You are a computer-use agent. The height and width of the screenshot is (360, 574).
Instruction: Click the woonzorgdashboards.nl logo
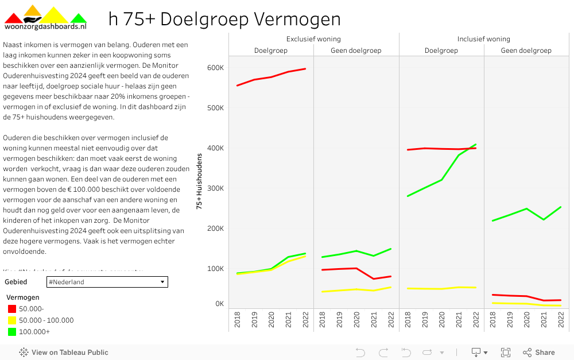point(46,18)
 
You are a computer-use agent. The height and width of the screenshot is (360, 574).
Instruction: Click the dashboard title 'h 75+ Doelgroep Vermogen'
point(224,19)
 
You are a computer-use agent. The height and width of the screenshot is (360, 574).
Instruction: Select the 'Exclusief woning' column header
point(313,39)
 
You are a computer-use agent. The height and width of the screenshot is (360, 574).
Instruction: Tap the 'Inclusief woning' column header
point(483,39)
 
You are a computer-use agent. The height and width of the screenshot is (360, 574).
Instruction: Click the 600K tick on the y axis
point(215,68)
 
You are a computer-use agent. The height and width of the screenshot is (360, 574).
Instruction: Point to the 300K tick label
point(215,188)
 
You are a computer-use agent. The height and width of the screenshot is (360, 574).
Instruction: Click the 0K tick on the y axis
point(218,304)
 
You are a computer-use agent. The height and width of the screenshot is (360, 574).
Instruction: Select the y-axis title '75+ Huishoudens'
point(199,181)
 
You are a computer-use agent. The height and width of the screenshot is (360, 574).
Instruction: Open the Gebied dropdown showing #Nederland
point(107,282)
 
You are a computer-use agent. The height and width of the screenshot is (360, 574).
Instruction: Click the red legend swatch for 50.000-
point(12,309)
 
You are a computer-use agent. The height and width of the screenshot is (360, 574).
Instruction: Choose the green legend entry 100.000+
point(34,332)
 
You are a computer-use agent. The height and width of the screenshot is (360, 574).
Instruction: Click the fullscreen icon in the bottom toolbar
point(506,353)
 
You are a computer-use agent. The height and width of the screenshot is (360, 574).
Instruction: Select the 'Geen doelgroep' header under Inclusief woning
point(526,51)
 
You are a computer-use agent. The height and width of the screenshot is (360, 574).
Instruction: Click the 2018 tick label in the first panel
point(237,320)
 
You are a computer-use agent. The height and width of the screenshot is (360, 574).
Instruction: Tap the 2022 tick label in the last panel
point(560,320)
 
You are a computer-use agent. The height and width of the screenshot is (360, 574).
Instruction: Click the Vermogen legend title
point(23,297)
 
